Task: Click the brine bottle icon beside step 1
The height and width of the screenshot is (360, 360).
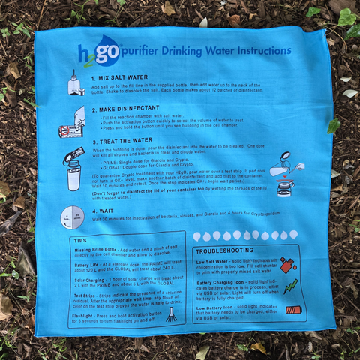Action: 75,83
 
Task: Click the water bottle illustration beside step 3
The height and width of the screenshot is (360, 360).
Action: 74,169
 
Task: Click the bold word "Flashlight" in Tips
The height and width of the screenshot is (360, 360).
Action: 88,315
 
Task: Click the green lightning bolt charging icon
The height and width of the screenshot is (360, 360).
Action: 290,286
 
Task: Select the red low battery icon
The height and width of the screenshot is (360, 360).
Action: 293,309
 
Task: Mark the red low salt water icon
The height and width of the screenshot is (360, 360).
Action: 286,264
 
